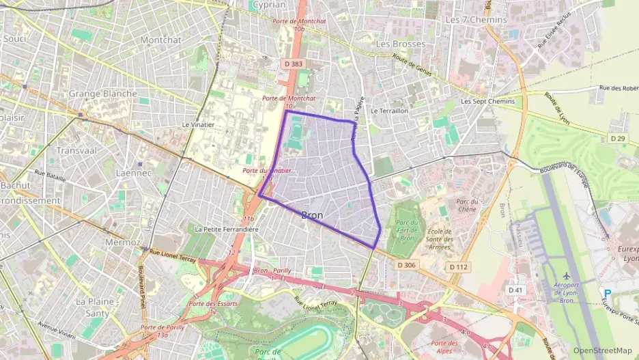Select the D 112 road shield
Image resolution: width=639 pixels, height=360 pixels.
click(459, 266)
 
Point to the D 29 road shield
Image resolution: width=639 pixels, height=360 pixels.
click(617, 138)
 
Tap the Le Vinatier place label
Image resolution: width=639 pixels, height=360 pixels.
click(198, 125)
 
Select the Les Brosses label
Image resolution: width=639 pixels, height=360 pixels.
click(401, 44)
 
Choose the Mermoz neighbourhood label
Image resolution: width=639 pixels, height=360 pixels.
click(122, 242)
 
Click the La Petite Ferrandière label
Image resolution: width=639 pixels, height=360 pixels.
click(227, 230)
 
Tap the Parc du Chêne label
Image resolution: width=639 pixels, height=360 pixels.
click(466, 205)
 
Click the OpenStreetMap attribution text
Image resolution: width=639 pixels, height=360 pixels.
click(602, 350)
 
